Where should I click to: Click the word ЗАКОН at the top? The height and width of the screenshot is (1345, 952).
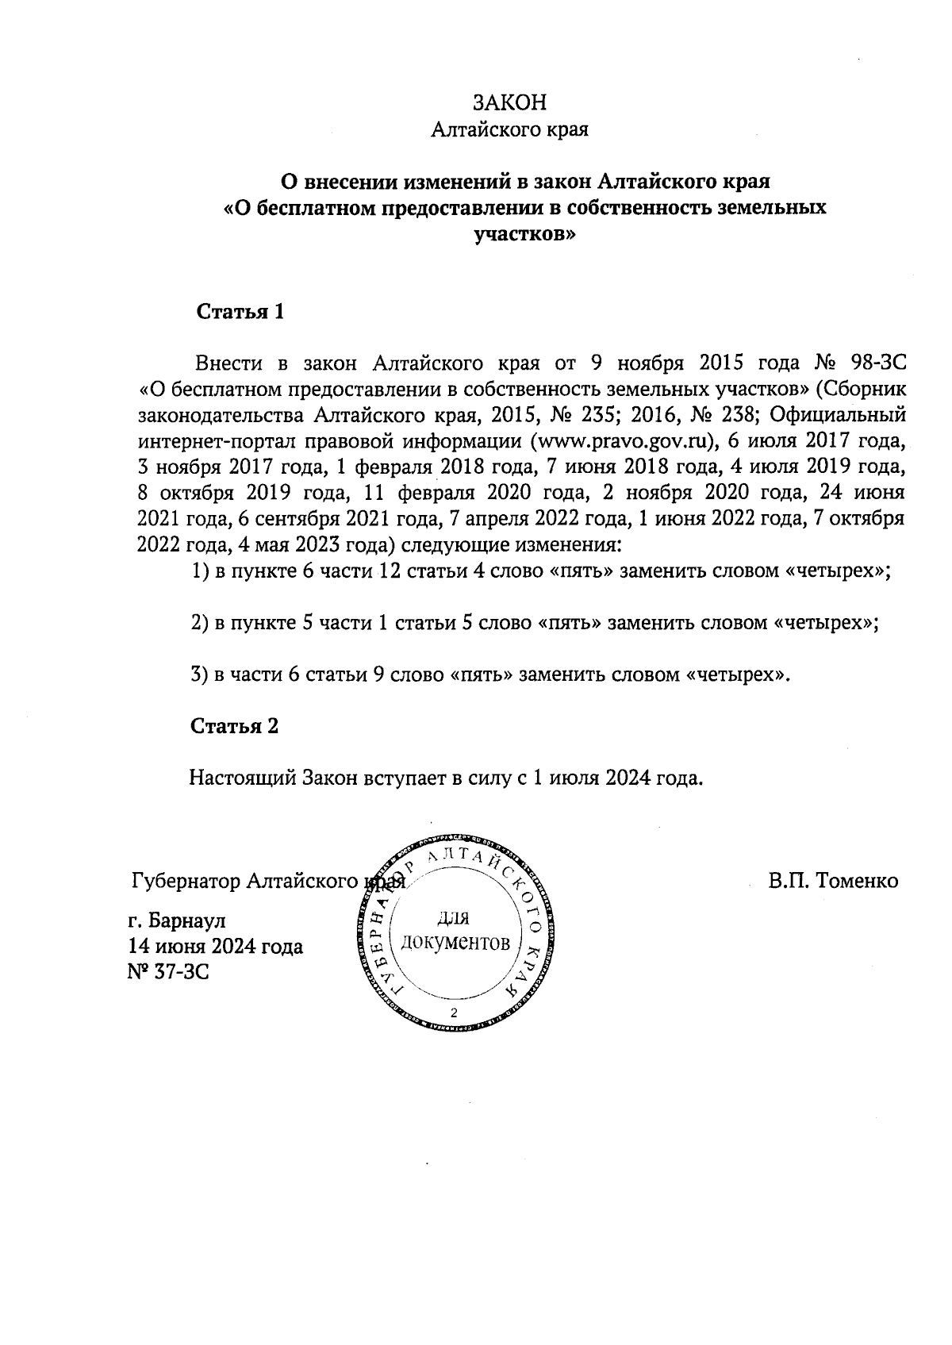(509, 103)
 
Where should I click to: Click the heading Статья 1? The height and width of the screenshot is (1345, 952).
(240, 312)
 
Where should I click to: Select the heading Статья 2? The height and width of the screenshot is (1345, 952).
(234, 726)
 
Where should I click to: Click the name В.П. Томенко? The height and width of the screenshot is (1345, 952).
(832, 881)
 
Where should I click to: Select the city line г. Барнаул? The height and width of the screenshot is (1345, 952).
(176, 921)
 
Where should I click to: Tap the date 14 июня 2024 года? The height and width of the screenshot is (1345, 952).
(215, 947)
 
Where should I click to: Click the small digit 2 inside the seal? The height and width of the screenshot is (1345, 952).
(454, 1013)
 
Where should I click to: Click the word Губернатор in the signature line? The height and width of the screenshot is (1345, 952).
(186, 881)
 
